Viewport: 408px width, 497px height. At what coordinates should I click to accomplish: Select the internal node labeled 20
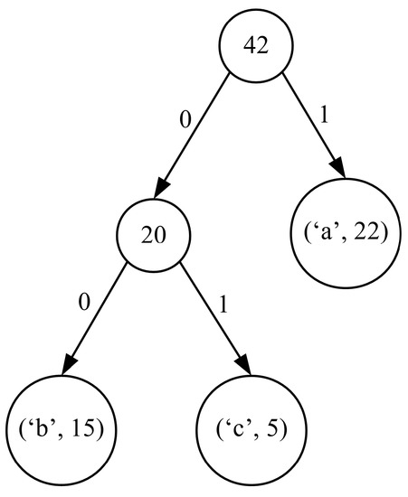coord(153,236)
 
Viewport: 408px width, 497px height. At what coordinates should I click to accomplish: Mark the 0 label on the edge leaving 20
coord(84,301)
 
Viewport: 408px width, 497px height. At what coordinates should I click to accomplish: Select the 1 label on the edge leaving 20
coord(223,302)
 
